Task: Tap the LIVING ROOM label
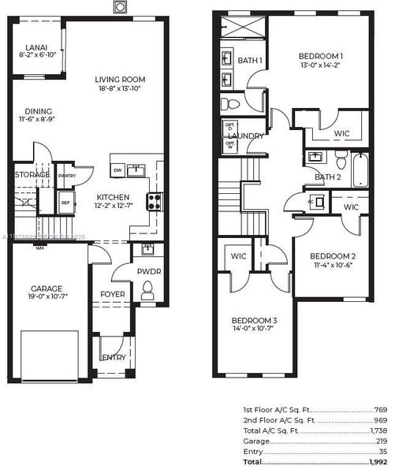pos(121,80)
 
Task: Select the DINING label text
pos(38,111)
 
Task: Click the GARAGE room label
pos(47,289)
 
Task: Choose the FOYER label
pos(112,295)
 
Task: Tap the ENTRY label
pos(114,357)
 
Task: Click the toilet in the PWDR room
pos(147,293)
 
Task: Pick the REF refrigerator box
pos(66,202)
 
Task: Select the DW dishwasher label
pos(117,169)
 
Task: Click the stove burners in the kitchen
pos(153,200)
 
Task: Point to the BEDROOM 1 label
pos(321,56)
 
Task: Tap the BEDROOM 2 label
pos(332,256)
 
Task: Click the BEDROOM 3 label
pos(254,320)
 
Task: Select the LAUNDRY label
pos(246,136)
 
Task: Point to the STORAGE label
pos(32,174)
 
